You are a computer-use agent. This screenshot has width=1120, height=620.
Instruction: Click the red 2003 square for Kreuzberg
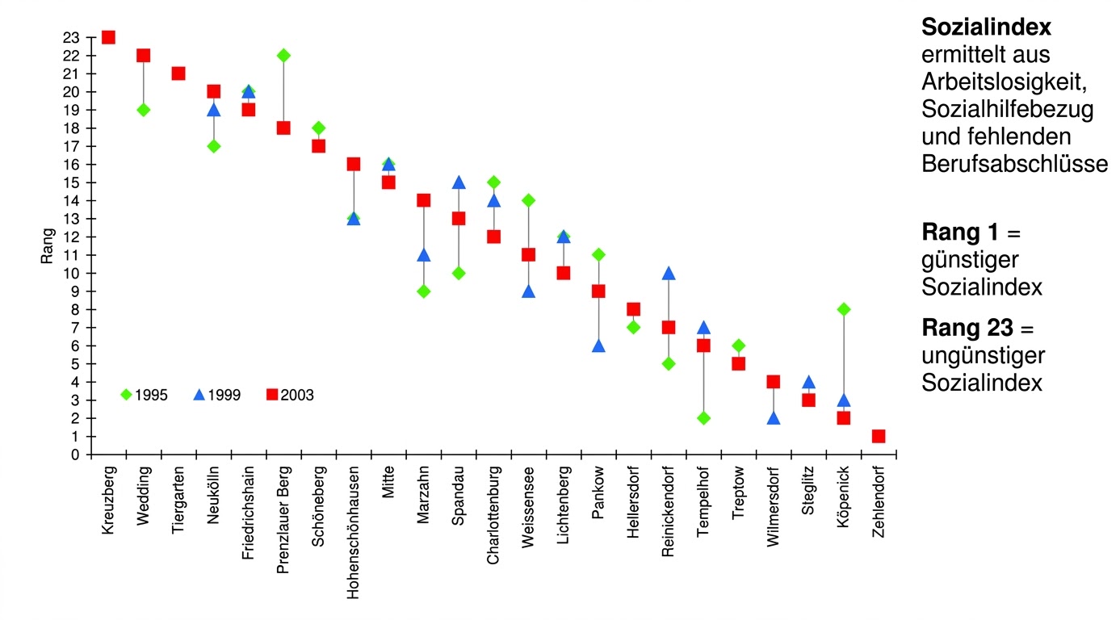(108, 37)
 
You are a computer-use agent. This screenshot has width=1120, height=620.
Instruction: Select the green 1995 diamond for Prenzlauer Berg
(283, 55)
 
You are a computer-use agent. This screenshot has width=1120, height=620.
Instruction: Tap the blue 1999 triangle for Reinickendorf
(669, 273)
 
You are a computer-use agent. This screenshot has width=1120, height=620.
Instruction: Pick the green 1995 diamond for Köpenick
(844, 309)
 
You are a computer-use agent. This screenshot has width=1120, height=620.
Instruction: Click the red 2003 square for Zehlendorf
(879, 436)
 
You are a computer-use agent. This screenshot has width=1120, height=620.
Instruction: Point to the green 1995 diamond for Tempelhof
(703, 418)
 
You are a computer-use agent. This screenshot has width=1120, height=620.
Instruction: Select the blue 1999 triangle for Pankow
(598, 346)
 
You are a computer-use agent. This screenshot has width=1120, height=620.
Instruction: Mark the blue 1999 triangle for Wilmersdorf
(774, 418)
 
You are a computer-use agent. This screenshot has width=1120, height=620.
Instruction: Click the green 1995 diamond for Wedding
(144, 110)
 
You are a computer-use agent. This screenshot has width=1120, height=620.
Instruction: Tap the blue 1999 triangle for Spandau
(459, 182)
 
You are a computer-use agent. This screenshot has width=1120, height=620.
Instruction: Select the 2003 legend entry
(290, 396)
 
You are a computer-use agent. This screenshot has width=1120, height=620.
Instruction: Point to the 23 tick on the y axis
(73, 37)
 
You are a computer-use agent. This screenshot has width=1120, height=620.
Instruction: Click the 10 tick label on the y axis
(73, 273)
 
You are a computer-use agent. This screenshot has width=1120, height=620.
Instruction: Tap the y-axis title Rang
(47, 246)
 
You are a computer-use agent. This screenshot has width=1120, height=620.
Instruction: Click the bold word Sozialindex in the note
(986, 27)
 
